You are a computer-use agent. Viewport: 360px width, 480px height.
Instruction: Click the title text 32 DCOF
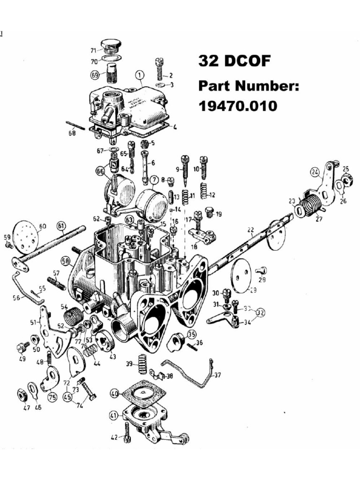pyautogui.click(x=234, y=61)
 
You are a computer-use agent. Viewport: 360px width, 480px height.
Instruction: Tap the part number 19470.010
pyautogui.click(x=237, y=106)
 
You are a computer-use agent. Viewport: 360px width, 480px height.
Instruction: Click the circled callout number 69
pyautogui.click(x=95, y=74)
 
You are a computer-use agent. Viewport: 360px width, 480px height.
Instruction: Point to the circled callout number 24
pyautogui.click(x=314, y=172)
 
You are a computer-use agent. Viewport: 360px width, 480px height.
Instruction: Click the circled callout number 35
pyautogui.click(x=191, y=334)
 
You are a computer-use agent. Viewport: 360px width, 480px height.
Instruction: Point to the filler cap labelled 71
pyautogui.click(x=111, y=45)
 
